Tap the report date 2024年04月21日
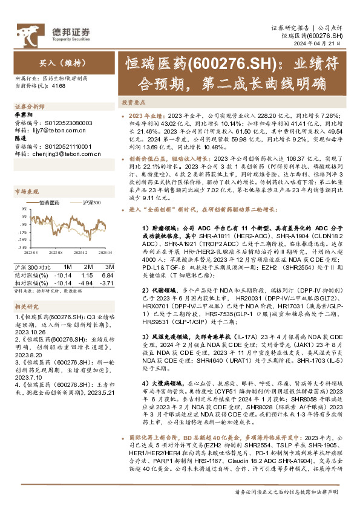click(324, 44)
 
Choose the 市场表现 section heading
click(27, 192)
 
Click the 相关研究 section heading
click(27, 308)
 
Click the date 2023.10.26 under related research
click(31, 348)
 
